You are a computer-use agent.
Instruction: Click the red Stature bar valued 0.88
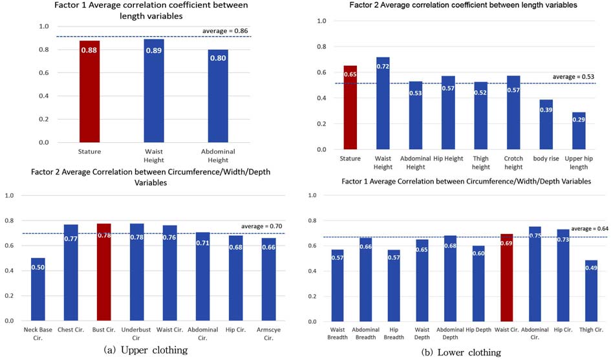(89, 91)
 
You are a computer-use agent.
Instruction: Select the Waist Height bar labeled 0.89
(154, 90)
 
